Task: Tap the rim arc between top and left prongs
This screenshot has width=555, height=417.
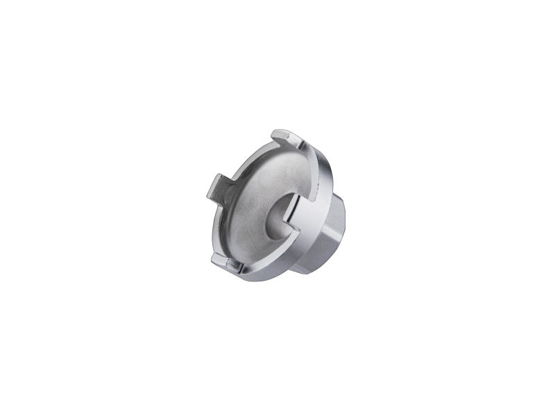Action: click(x=243, y=158)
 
